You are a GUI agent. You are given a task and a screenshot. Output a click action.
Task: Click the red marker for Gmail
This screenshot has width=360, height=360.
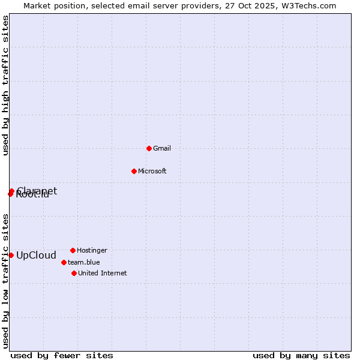coord(149,148)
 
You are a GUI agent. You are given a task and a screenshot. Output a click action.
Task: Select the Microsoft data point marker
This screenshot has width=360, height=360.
coord(134,171)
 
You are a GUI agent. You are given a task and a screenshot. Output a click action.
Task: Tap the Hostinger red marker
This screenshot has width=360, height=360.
coord(73,250)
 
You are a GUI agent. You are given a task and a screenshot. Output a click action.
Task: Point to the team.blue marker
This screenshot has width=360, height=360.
coord(64,262)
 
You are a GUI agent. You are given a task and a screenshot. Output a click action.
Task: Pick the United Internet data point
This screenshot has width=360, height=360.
coord(74,273)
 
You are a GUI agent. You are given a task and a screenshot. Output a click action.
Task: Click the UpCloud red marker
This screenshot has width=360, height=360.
coord(11,255)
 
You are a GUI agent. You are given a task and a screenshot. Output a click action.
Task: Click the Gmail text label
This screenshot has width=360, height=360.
coord(162,148)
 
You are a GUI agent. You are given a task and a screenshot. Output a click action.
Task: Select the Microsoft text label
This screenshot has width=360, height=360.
coord(152,171)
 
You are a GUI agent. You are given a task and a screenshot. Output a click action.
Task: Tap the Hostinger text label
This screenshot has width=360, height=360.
coord(92,250)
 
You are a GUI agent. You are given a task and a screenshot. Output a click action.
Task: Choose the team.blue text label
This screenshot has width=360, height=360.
coord(84,262)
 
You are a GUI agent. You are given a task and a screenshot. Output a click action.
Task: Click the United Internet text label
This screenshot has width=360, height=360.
coord(103,273)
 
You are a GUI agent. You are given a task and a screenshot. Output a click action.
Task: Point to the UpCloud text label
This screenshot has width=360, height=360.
coord(36,255)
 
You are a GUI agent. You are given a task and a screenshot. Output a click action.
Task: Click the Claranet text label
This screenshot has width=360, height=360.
coord(37,190)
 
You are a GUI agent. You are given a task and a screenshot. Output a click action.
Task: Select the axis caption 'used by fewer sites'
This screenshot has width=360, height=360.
coord(62,355)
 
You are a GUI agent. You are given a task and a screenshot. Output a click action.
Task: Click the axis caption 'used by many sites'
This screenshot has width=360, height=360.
coord(301,355)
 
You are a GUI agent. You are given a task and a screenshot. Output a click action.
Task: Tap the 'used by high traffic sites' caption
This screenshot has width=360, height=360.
coord(5,86)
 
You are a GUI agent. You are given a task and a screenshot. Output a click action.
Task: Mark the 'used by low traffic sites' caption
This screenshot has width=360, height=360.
coord(5,281)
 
